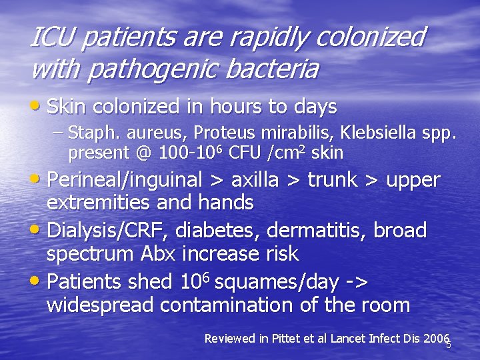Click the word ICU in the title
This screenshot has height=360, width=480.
(x=53, y=38)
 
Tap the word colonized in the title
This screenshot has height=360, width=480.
(x=369, y=38)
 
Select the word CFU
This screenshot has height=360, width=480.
(x=245, y=153)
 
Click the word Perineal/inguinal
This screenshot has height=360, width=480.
(x=125, y=181)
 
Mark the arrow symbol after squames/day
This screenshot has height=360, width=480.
(x=357, y=283)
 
